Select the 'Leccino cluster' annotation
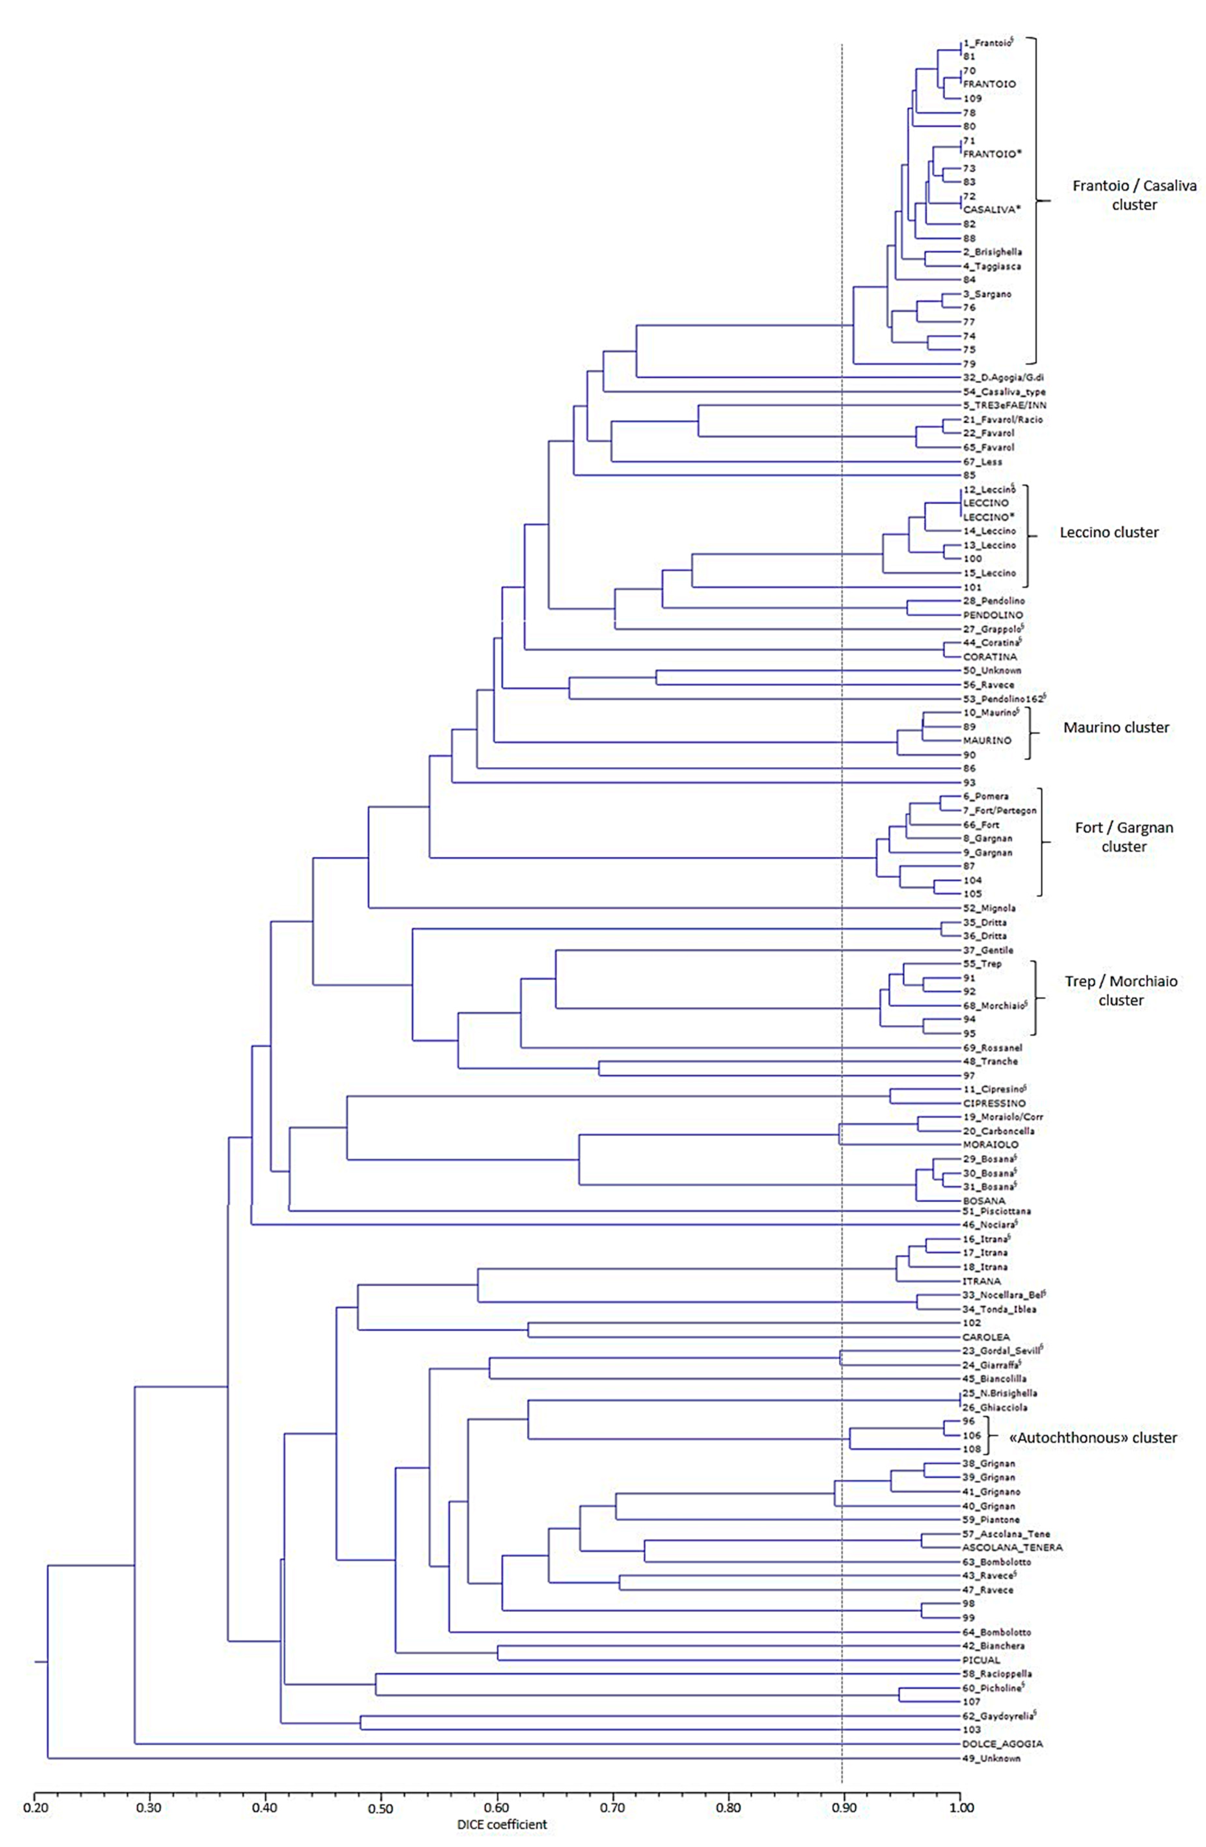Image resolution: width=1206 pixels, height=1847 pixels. [1108, 532]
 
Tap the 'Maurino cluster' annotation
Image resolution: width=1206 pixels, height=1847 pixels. [1115, 727]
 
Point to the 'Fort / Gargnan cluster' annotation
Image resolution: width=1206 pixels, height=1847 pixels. [1123, 836]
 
